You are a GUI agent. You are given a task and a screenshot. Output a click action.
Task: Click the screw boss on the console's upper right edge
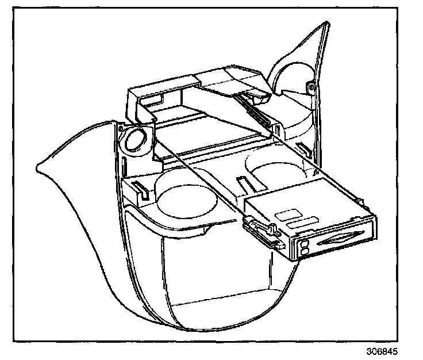pyautogui.click(x=311, y=87)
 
